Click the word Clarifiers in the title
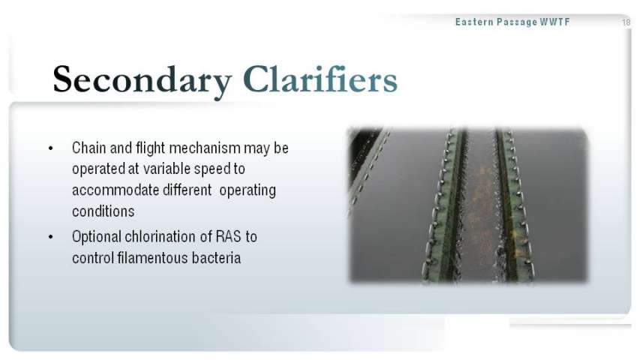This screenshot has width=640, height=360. (320, 79)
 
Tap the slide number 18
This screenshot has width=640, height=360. (626, 22)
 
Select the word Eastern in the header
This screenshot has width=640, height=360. (474, 22)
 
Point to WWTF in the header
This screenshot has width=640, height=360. (554, 22)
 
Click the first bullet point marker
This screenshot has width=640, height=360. (50, 148)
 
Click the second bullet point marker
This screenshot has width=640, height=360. (50, 237)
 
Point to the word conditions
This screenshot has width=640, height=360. (104, 211)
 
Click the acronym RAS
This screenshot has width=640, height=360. (229, 237)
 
